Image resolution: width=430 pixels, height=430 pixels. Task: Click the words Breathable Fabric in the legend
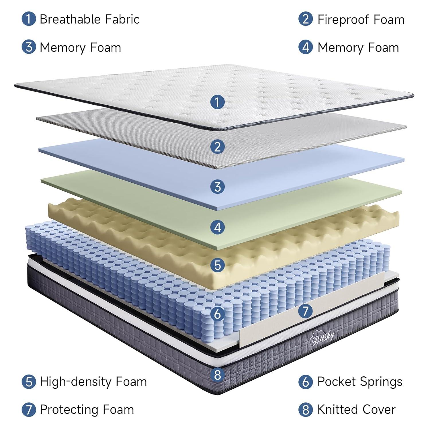pos(89,19)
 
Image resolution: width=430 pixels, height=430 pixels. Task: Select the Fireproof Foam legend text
pos(361,19)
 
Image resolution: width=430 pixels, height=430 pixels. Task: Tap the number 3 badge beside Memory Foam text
pos(29,47)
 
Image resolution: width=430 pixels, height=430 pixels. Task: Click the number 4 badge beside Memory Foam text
pos(306,47)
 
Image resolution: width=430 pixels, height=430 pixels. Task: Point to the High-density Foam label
pos(93,382)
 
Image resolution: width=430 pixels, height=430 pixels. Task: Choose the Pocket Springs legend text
pos(360,382)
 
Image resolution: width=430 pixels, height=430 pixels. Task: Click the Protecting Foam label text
pos(87,410)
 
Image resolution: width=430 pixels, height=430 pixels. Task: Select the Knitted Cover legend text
pos(356,410)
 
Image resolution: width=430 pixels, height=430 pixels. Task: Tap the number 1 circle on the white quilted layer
pos(217,102)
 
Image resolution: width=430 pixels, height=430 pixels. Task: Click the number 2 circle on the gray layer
pos(217,147)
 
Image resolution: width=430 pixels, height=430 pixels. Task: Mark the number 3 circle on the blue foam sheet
pos(217,187)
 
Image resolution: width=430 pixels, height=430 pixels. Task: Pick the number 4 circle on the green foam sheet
pos(217,228)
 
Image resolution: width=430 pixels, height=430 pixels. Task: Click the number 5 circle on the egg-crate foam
pos(217,265)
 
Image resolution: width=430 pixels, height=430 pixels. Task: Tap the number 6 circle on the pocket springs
pos(217,314)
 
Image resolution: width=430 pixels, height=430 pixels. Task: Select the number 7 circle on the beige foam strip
pos(305,311)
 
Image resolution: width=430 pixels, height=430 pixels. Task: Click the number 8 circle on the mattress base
pos(217,375)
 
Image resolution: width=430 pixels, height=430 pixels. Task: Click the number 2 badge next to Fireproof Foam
pos(306,19)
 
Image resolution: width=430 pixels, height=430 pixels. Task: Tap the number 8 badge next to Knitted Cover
pos(306,410)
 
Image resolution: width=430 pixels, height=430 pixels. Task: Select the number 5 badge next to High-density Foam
pos(29,382)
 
